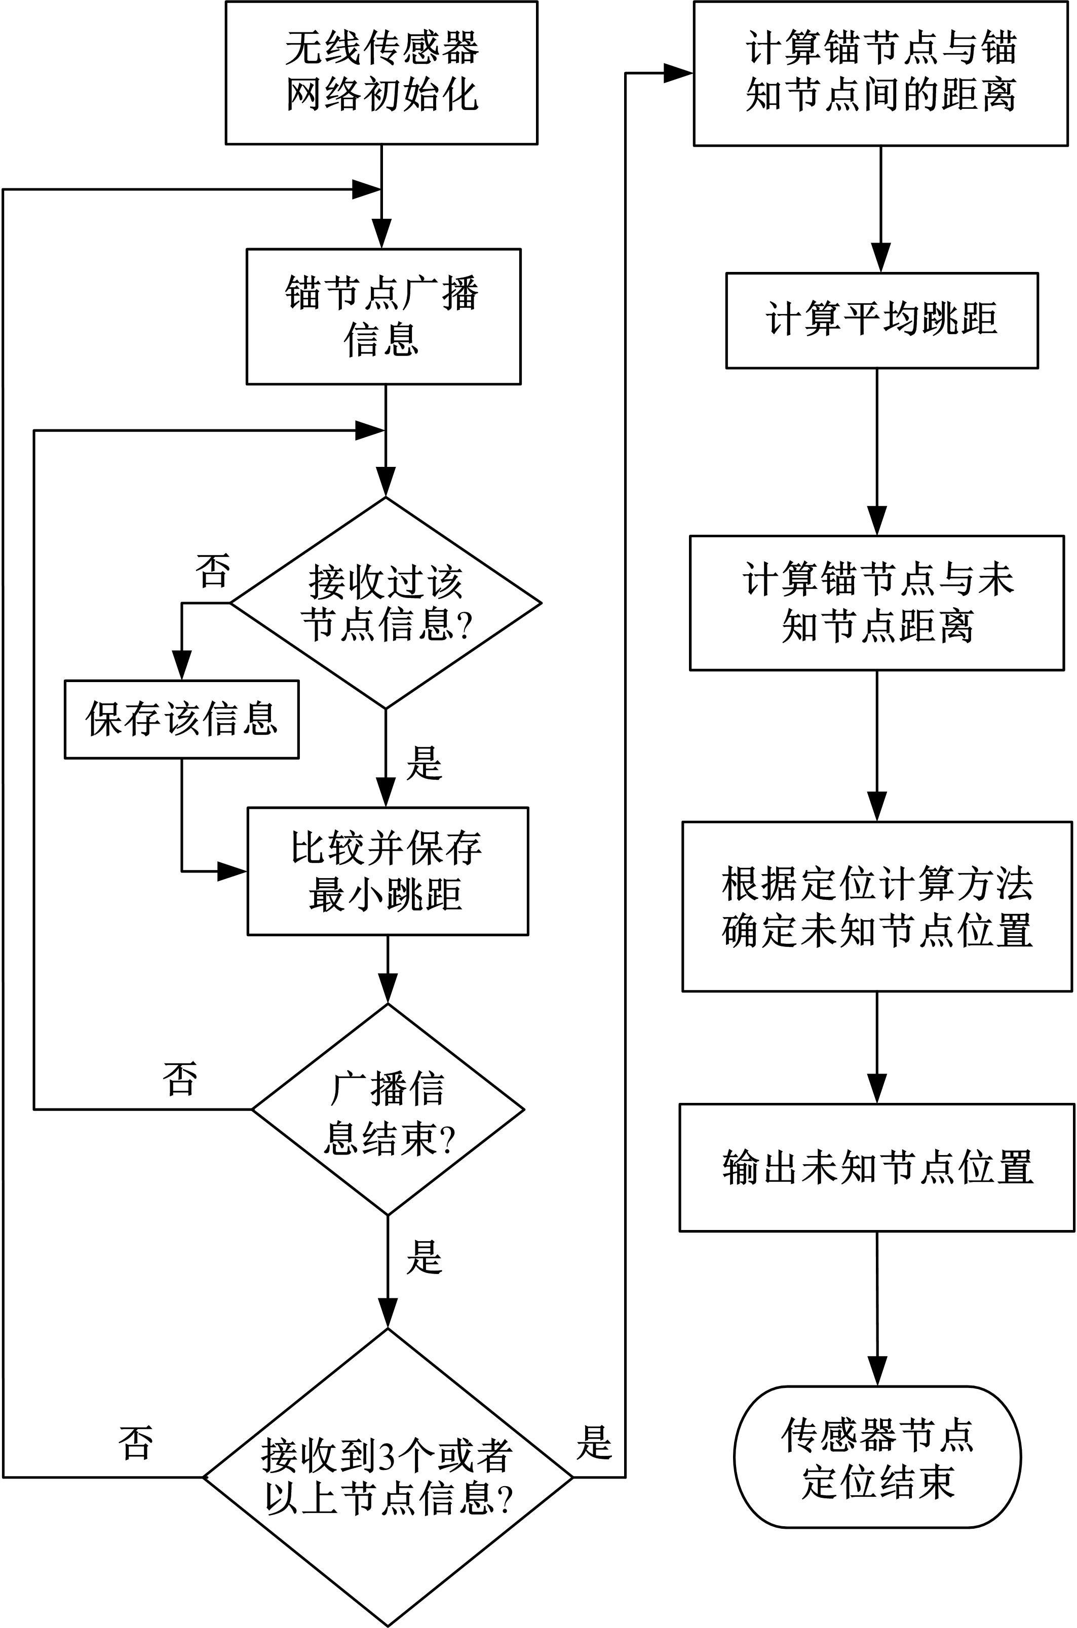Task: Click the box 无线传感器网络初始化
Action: (381, 72)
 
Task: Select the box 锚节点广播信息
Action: (383, 316)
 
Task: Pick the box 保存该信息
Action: (181, 720)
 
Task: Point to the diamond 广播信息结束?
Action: (388, 1109)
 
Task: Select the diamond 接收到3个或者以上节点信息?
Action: (388, 1476)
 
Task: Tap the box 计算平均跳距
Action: (882, 320)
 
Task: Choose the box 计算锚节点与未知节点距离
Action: (877, 602)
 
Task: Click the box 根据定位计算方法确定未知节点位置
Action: (877, 906)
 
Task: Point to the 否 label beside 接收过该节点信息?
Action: (212, 571)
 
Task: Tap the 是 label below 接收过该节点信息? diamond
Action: (424, 762)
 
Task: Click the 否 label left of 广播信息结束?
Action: (180, 1078)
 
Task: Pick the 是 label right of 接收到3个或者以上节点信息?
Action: (593, 1442)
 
